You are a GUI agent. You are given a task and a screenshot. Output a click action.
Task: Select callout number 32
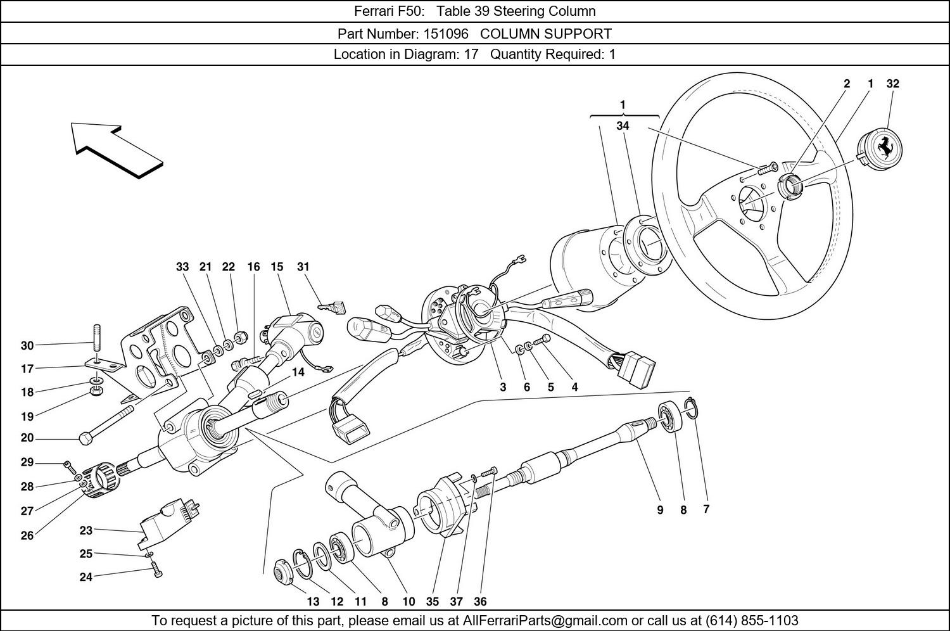[892, 84]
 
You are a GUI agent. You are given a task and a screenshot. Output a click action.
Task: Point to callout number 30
[27, 346]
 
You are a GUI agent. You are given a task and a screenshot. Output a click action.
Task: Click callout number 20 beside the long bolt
[27, 438]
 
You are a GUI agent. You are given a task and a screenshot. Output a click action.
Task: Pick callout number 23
[85, 530]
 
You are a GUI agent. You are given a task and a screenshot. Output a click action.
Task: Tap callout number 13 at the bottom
[313, 602]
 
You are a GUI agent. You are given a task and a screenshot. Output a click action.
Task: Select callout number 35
[433, 602]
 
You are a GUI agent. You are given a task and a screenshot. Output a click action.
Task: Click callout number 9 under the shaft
[660, 509]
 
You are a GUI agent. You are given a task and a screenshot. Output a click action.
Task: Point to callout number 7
[706, 509]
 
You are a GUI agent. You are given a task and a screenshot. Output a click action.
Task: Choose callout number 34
[623, 126]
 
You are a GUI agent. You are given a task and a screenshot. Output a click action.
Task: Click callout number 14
[298, 373]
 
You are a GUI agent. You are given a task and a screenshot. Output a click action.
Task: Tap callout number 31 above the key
[303, 267]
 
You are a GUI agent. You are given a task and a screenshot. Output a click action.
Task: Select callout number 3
[503, 387]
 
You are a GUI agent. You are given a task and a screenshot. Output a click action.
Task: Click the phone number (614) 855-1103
[752, 620]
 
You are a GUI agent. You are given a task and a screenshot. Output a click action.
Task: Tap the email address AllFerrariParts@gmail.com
[545, 620]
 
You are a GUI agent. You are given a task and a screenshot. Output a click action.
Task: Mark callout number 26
[27, 536]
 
